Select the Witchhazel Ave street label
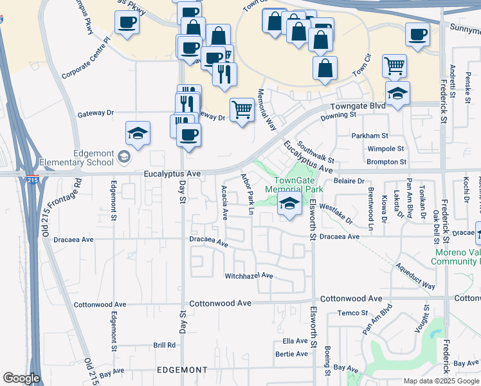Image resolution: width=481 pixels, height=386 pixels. pyautogui.click(x=249, y=276)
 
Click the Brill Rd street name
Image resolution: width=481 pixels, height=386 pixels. pyautogui.click(x=164, y=345)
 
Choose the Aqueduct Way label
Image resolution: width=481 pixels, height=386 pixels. pyautogui.click(x=415, y=275)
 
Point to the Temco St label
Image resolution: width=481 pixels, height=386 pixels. pyautogui.click(x=351, y=313)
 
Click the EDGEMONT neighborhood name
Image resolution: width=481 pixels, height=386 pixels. pyautogui.click(x=182, y=370)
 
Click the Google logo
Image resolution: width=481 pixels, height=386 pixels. pyautogui.click(x=21, y=378)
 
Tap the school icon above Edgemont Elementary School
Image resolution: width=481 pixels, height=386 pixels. pyautogui.click(x=138, y=133)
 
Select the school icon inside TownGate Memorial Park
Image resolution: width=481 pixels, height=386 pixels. pyautogui.click(x=289, y=205)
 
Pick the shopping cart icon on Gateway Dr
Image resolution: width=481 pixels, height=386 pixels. pyautogui.click(x=241, y=109)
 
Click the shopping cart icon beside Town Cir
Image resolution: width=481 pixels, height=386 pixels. pyautogui.click(x=394, y=64)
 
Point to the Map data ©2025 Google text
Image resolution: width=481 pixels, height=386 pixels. pyautogui.click(x=441, y=381)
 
